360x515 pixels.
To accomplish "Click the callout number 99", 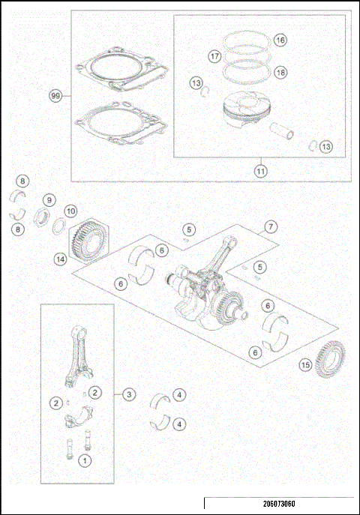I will click(x=54, y=96).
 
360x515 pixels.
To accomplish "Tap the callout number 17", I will click(x=214, y=56).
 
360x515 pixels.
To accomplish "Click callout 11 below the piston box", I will click(x=260, y=170).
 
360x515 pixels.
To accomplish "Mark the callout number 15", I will click(x=304, y=365).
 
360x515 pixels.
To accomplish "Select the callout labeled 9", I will click(x=48, y=200).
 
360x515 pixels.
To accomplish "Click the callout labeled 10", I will click(x=70, y=211).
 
